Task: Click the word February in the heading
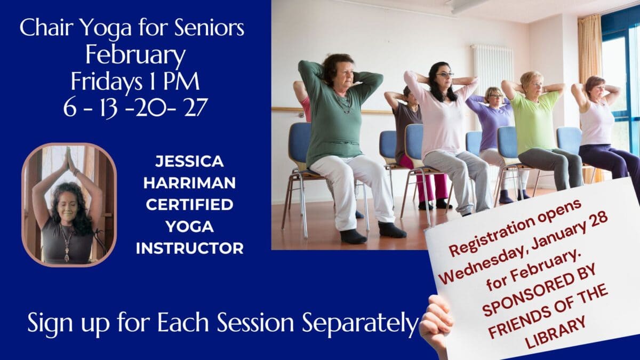[x=135, y=55]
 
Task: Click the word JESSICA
[x=189, y=162]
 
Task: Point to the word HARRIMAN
[x=189, y=183]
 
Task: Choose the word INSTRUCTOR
[x=190, y=249]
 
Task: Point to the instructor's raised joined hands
[x=69, y=158]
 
